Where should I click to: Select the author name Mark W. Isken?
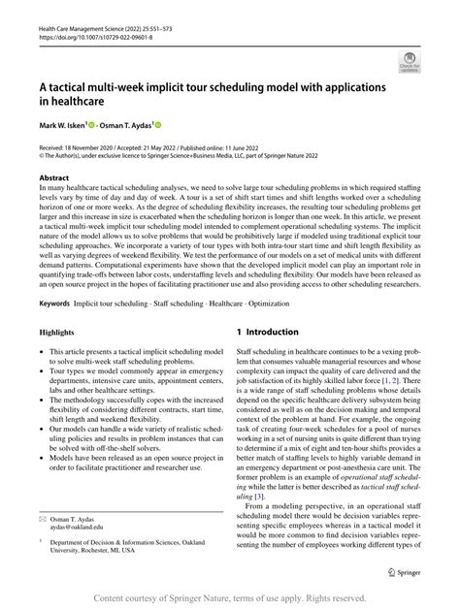coord(62,125)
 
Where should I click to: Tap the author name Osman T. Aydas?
coord(139,125)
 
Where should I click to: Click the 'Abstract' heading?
coord(53,178)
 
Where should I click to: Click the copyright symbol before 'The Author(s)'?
coord(41,155)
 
